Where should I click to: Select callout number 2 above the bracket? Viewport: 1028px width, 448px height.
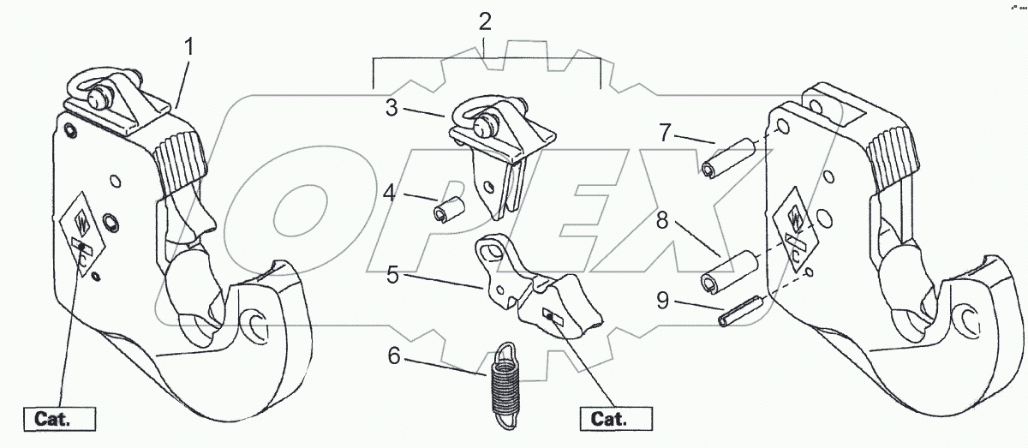click(x=485, y=21)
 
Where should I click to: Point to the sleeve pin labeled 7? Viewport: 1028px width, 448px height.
click(x=726, y=158)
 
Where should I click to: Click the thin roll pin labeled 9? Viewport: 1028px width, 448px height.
click(x=742, y=310)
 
